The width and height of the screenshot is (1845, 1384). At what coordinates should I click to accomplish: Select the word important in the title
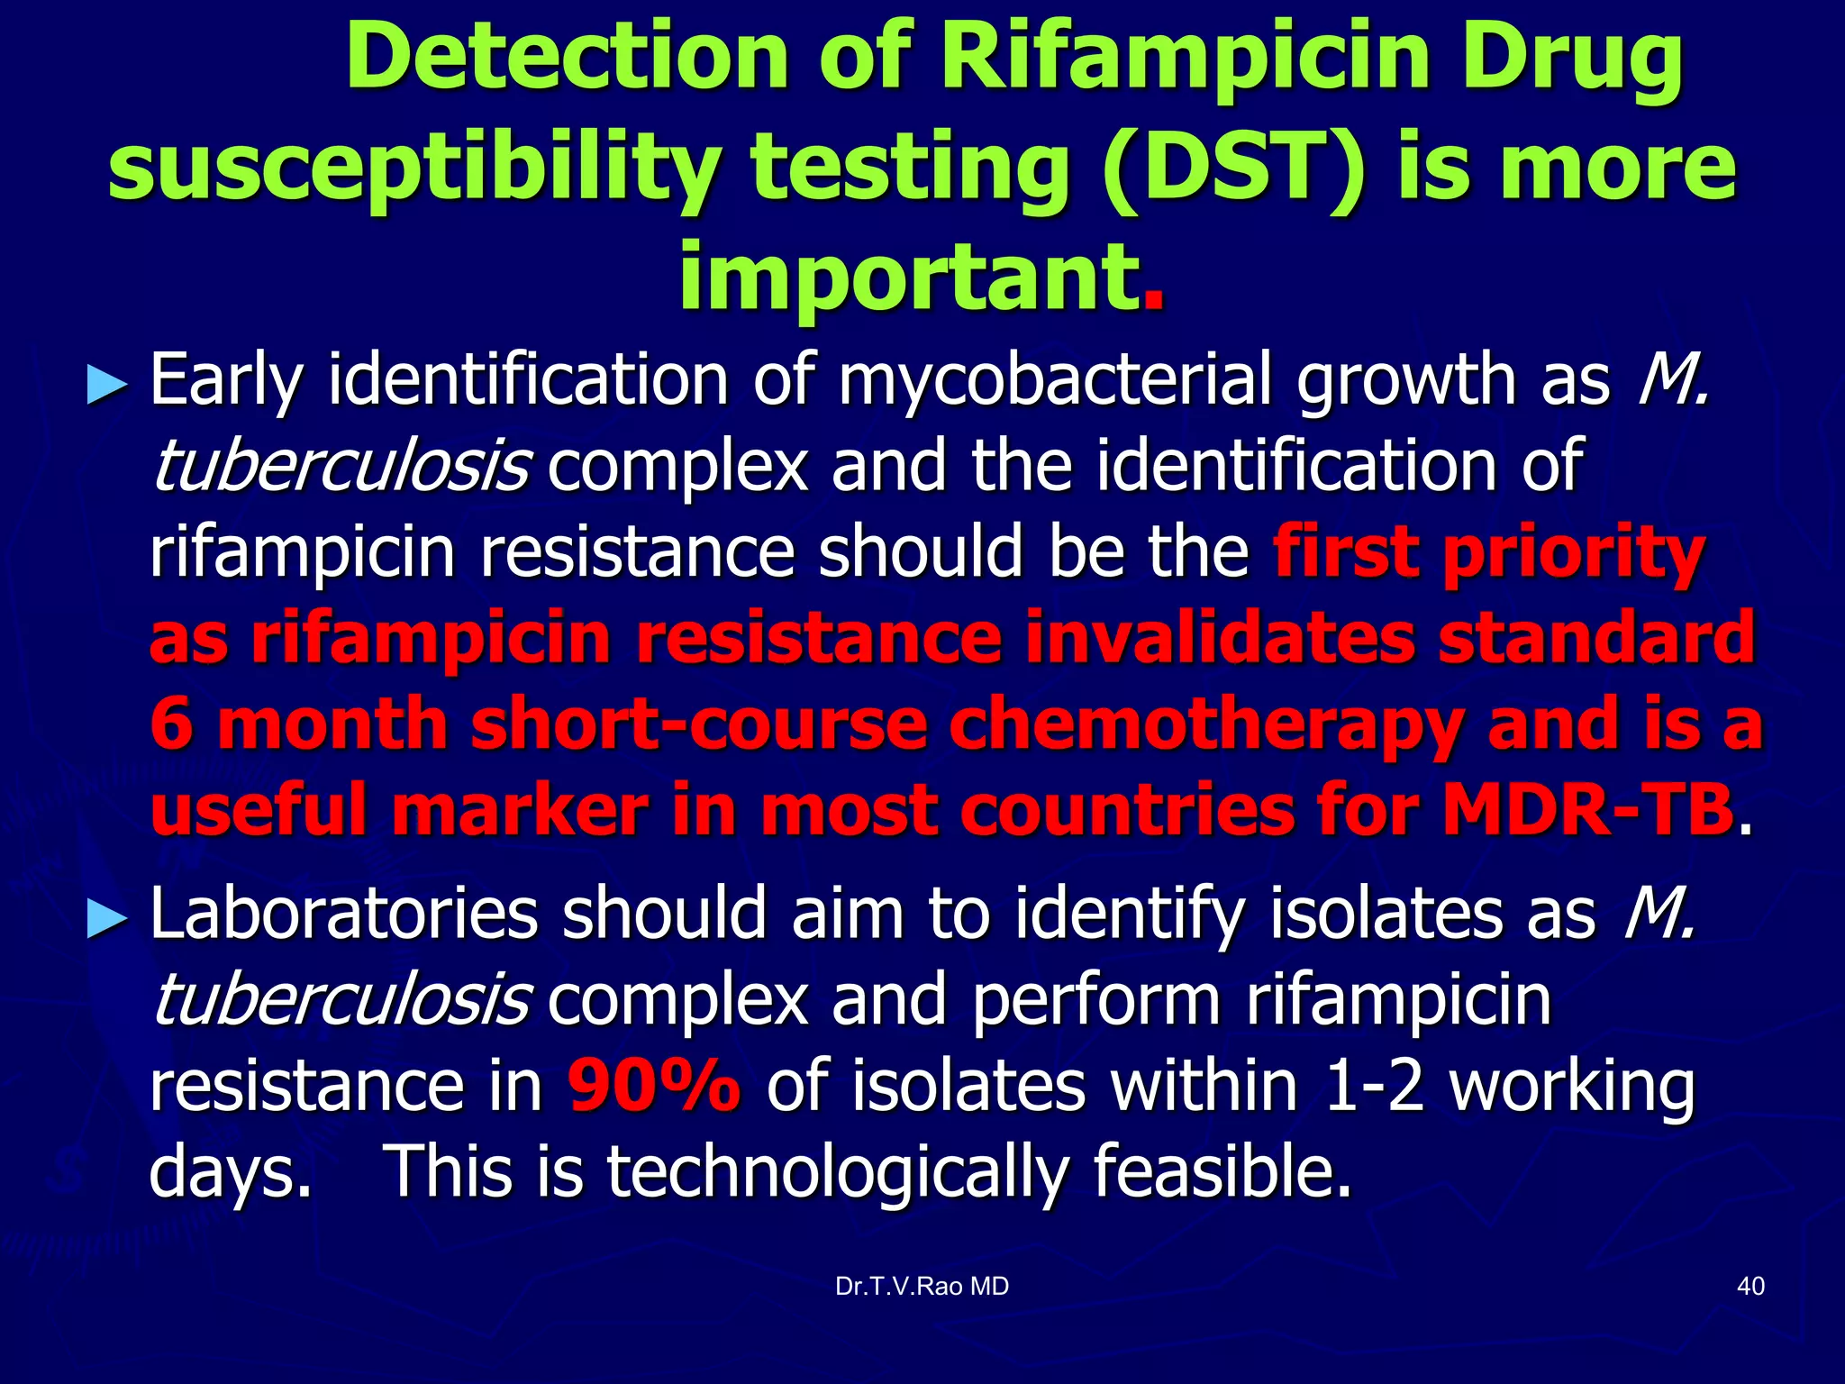pyautogui.click(x=906, y=276)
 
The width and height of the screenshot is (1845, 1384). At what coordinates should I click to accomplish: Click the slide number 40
pyautogui.click(x=1750, y=1286)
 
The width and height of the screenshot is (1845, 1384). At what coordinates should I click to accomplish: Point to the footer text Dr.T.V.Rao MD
pyautogui.click(x=922, y=1287)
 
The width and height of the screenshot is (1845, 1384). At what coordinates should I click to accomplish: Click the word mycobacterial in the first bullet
pyautogui.click(x=1055, y=381)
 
